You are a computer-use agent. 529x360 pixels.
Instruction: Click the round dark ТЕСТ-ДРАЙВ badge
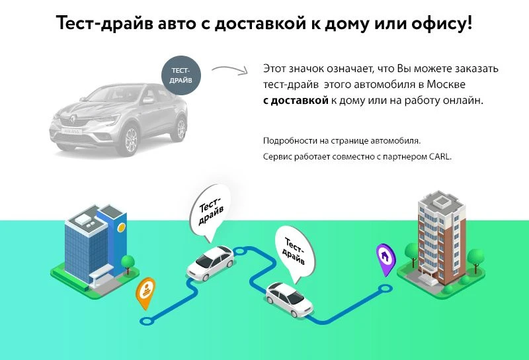[x=181, y=75]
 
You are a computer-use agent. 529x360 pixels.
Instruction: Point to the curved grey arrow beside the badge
[x=230, y=69]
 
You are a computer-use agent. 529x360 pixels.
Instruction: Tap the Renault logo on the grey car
[x=73, y=119]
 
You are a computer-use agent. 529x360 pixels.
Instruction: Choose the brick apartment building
[x=440, y=242]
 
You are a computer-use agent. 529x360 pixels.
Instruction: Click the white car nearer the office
[x=210, y=263]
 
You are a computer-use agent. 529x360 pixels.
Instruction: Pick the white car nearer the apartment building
[x=289, y=299]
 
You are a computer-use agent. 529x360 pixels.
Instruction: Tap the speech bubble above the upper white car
[x=209, y=213]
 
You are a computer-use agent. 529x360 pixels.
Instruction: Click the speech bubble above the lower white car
[x=295, y=254]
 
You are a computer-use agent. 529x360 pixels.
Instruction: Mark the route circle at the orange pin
[x=147, y=321]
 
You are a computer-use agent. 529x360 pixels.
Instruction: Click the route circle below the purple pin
[x=385, y=289]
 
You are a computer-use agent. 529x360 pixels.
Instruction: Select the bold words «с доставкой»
[x=296, y=101]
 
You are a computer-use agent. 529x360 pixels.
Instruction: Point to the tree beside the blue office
[x=128, y=264]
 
